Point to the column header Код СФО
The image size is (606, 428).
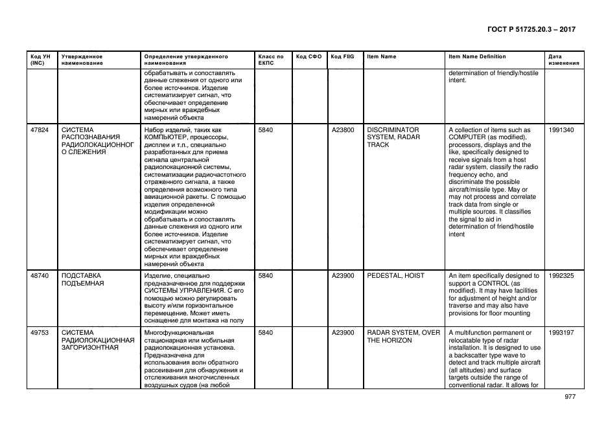[309, 56]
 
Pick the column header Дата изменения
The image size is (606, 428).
[561, 60]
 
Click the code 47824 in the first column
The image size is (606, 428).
[40, 130]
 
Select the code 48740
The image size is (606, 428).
[40, 276]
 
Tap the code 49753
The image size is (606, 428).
[40, 333]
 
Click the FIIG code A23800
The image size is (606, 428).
[343, 130]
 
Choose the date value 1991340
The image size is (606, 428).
[561, 130]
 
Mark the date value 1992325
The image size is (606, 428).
[561, 276]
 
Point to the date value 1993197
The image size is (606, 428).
[561, 333]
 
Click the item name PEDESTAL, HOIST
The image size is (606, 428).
[395, 276]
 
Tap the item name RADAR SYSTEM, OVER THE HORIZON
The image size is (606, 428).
[403, 337]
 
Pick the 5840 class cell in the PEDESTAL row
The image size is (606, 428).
[266, 276]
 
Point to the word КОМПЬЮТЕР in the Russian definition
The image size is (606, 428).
[169, 137]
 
